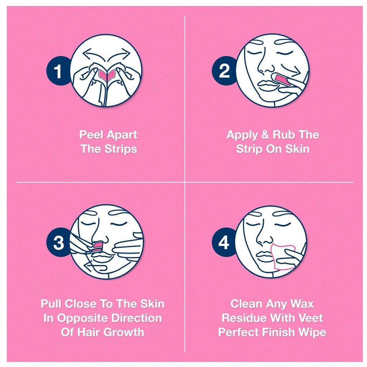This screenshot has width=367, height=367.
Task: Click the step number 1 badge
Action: [58, 72]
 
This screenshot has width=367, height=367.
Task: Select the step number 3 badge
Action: [58, 243]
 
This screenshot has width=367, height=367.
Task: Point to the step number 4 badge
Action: [224, 243]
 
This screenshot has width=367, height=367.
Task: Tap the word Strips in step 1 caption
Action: [121, 149]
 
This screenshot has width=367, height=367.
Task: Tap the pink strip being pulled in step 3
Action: [97, 246]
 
